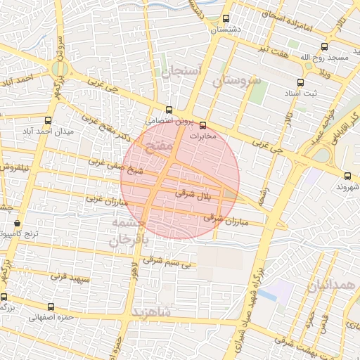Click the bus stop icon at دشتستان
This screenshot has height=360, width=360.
click(x=226, y=19)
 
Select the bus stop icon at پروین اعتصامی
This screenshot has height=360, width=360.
click(x=169, y=110)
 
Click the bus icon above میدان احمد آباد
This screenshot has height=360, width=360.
click(x=48, y=120)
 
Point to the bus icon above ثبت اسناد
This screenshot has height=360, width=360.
click(x=308, y=66)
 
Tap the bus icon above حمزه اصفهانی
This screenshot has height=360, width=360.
click(x=51, y=307)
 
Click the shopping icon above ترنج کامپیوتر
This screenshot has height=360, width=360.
click(x=18, y=224)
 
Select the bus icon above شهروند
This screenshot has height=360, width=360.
click(x=347, y=176)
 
